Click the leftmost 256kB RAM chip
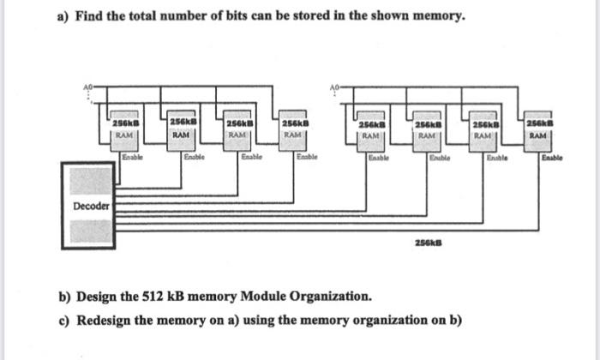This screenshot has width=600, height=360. click(125, 129)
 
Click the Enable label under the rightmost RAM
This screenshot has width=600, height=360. click(552, 159)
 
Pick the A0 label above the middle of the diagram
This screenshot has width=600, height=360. click(336, 87)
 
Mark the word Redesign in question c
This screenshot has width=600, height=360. click(108, 320)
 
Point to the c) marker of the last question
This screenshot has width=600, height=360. click(64, 320)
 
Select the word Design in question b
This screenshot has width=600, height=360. click(101, 297)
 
